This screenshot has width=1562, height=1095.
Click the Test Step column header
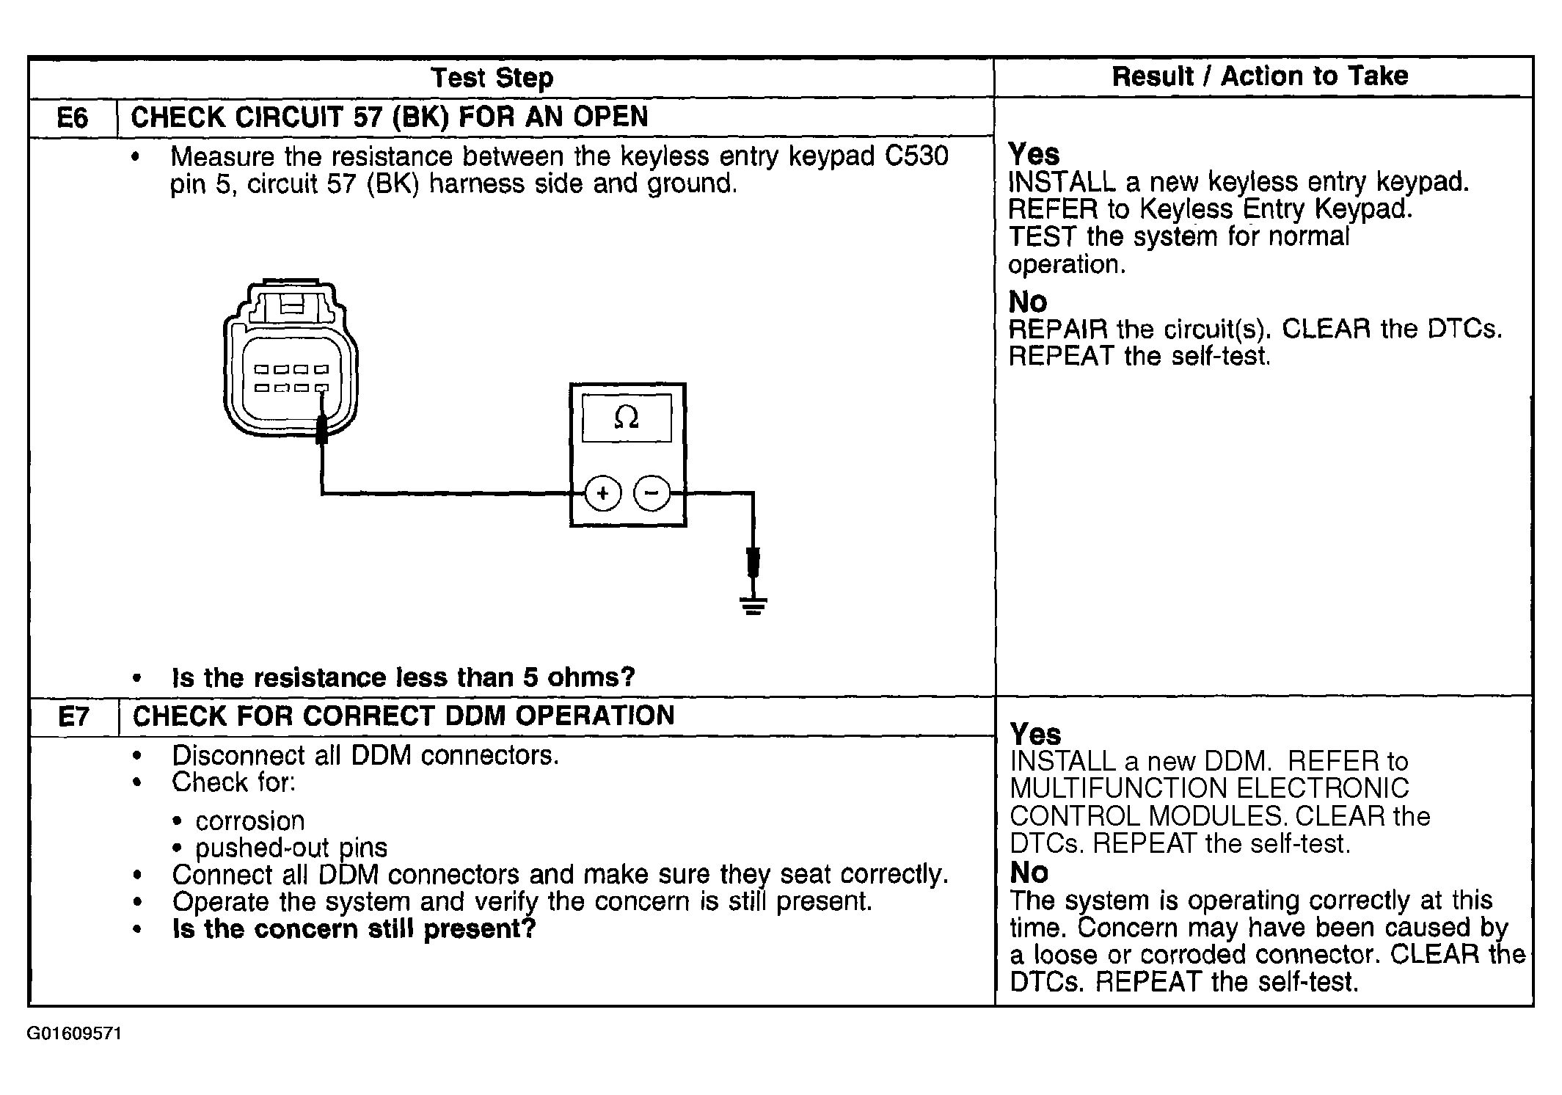[x=492, y=78]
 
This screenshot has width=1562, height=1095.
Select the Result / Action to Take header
[x=1260, y=76]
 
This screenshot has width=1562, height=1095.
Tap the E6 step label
[x=72, y=118]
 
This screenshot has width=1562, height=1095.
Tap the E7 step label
[x=73, y=716]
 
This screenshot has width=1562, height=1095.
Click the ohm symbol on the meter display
[x=627, y=418]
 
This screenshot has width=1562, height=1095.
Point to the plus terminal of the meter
[x=602, y=493]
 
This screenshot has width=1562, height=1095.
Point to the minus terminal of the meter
[x=652, y=493]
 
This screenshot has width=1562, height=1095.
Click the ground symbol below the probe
[x=753, y=605]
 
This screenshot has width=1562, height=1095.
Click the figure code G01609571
[x=75, y=1033]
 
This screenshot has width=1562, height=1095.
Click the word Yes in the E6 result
[x=1034, y=154]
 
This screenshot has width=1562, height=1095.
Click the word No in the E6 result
[x=1027, y=302]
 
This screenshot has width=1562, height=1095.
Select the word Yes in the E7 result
[x=1035, y=734]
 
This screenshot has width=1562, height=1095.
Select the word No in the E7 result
[x=1029, y=873]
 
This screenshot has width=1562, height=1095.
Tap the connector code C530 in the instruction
[x=916, y=156]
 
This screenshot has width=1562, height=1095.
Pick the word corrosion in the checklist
[x=249, y=821]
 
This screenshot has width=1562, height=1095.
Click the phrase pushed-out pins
[x=291, y=848]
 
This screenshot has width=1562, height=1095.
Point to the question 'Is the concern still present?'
[x=354, y=929]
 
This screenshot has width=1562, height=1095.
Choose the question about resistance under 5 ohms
[x=403, y=677]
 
